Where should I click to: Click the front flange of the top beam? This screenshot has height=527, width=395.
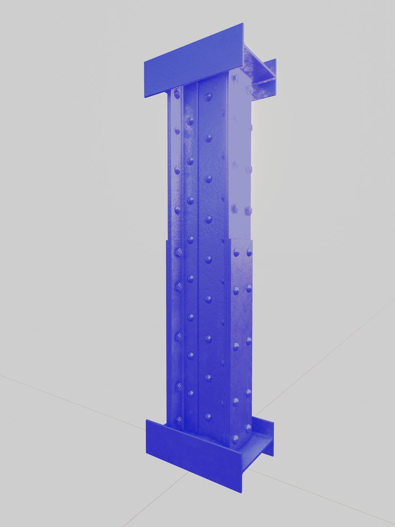tap(193, 61)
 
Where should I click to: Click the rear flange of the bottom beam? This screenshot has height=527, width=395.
tap(268, 437)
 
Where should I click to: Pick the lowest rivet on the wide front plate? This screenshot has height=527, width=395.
tap(208, 417)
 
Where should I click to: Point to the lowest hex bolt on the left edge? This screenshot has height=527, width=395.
tap(178, 419)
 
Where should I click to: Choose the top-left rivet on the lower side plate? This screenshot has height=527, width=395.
tap(237, 252)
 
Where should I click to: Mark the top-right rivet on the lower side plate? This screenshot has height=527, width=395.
tap(249, 252)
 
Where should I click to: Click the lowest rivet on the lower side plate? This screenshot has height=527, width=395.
tap(236, 438)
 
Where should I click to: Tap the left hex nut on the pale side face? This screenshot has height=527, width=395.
tap(235, 209)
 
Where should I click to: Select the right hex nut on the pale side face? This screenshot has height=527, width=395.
tap(248, 211)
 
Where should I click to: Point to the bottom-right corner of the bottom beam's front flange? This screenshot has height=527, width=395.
tap(241, 492)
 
